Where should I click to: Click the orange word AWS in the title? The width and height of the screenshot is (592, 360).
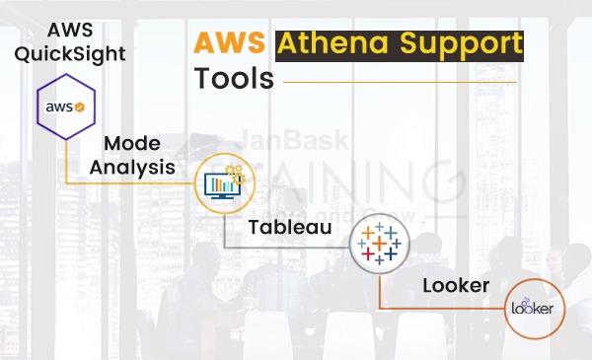click(231, 44)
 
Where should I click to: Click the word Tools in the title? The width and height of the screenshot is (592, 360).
click(233, 78)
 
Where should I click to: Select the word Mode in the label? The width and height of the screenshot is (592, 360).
click(131, 144)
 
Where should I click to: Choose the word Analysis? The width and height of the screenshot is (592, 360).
click(132, 167)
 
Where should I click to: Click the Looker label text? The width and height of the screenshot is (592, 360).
click(457, 285)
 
